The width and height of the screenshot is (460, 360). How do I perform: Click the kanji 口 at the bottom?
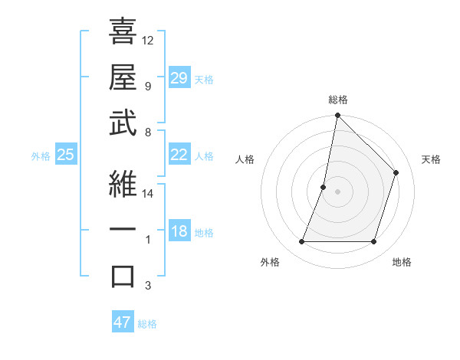point(123,276)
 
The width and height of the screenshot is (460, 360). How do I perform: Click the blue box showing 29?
point(179,77)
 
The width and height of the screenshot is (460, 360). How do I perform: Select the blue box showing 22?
point(179,155)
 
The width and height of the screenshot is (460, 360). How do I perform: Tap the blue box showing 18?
point(179,232)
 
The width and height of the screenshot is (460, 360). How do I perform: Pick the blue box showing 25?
point(65,155)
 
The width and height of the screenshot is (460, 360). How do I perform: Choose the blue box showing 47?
point(123,322)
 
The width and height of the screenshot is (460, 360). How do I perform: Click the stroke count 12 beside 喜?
point(148,40)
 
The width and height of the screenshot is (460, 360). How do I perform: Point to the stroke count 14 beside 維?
point(148,194)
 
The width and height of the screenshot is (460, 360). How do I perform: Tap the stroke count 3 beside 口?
point(148,286)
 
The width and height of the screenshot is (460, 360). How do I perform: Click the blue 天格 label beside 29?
point(204,79)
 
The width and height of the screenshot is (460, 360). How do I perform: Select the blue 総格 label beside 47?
point(147,324)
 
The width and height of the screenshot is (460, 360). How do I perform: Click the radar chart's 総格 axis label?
point(337,100)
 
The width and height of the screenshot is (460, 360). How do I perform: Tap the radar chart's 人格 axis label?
point(245,159)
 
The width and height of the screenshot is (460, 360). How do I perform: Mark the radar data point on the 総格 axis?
point(337,116)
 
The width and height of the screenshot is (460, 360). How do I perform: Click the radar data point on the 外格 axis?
point(301,242)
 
